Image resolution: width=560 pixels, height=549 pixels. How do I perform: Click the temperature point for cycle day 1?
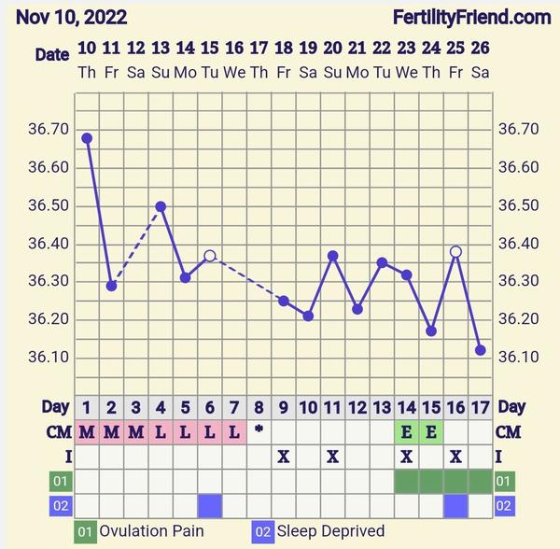pyautogui.click(x=87, y=138)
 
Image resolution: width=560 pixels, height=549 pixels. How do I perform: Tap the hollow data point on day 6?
pyautogui.click(x=210, y=256)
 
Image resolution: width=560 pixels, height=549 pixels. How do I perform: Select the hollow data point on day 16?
pyautogui.click(x=455, y=252)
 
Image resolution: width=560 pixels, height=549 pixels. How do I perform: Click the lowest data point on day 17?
pyautogui.click(x=481, y=350)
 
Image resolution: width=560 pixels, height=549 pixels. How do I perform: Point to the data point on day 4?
pyautogui.click(x=161, y=206)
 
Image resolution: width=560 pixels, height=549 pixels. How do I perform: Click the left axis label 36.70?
pyautogui.click(x=48, y=129)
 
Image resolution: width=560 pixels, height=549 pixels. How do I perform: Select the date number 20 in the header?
pyautogui.click(x=332, y=48)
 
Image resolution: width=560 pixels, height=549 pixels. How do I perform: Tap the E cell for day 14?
pyautogui.click(x=406, y=431)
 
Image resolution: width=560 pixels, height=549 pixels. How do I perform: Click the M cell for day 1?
pyautogui.click(x=87, y=431)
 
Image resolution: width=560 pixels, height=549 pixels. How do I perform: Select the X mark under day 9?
pyautogui.click(x=284, y=457)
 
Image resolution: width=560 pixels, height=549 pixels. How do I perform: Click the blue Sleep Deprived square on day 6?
pyautogui.click(x=210, y=505)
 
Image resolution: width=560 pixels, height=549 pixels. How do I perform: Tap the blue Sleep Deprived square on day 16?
pyautogui.click(x=455, y=505)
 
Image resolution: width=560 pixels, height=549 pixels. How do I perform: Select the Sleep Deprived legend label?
pyautogui.click(x=330, y=531)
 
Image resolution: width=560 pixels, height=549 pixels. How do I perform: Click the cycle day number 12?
pyautogui.click(x=357, y=407)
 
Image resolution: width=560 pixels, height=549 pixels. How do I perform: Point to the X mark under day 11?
pyautogui.click(x=332, y=457)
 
